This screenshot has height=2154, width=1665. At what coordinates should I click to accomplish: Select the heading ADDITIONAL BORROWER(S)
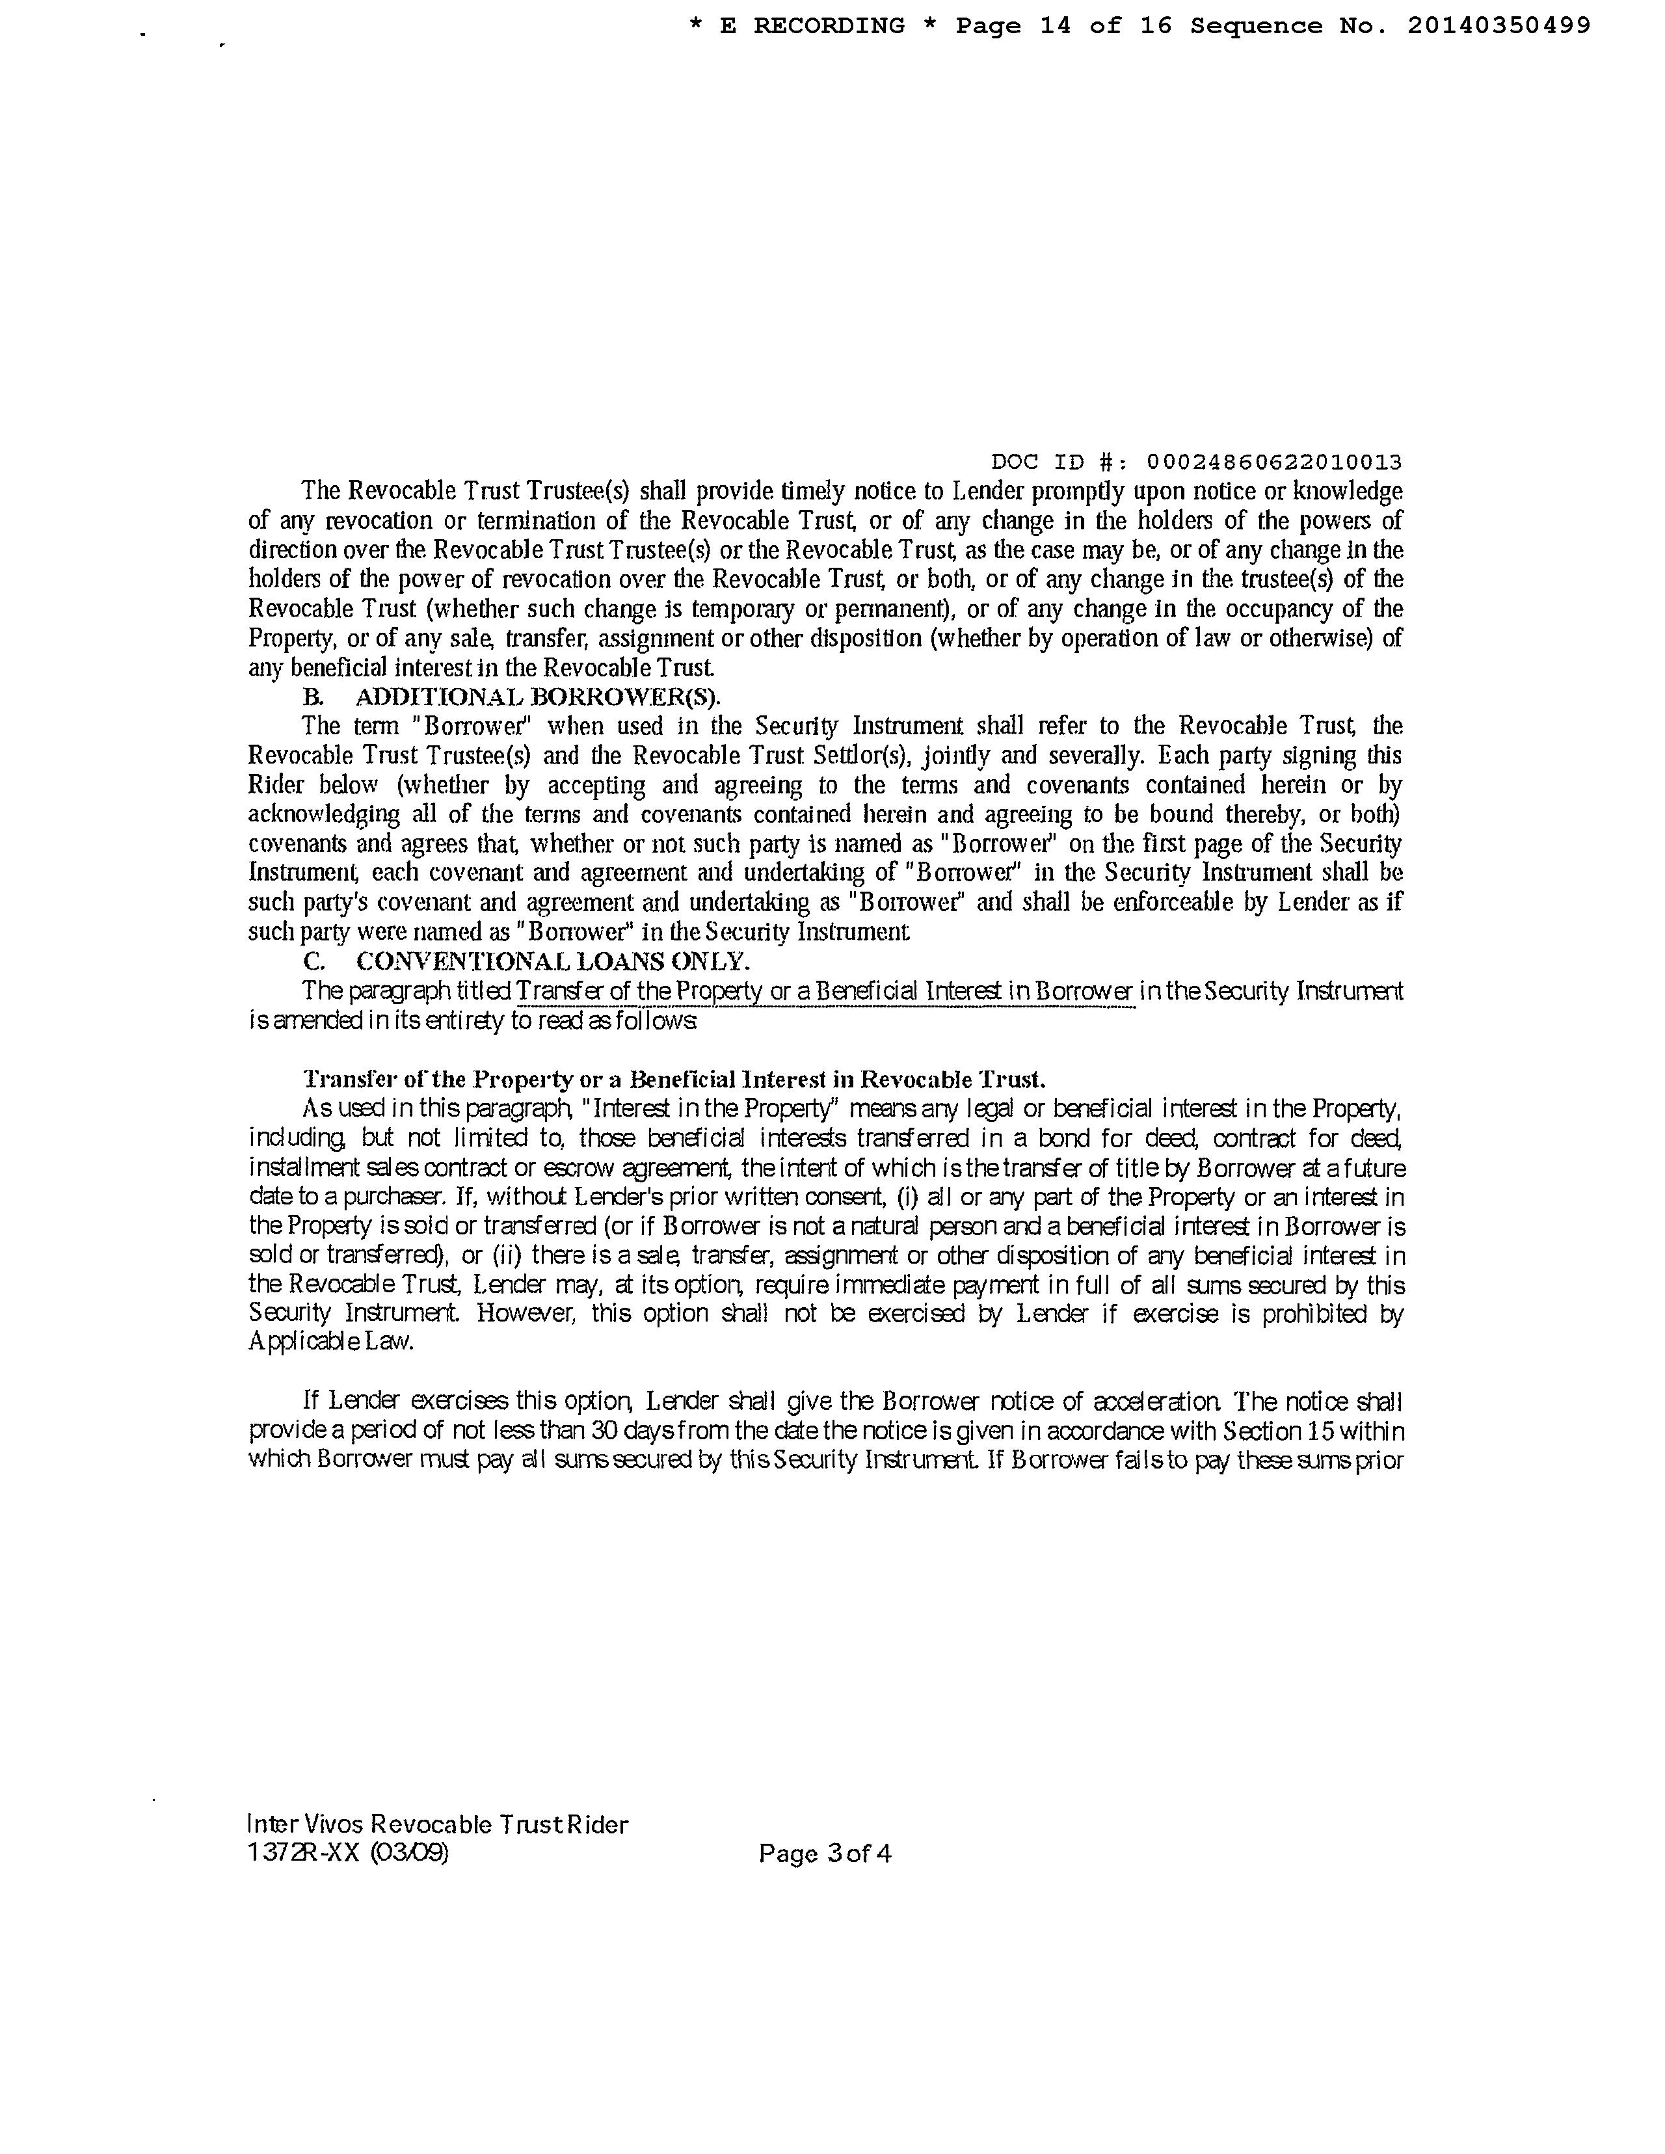pyautogui.click(x=538, y=697)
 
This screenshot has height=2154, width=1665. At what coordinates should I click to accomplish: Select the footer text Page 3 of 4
pyautogui.click(x=825, y=1853)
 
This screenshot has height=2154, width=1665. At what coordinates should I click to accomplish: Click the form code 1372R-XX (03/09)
pyautogui.click(x=348, y=1853)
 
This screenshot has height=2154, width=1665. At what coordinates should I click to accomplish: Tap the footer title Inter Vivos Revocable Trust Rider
pyautogui.click(x=438, y=1824)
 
